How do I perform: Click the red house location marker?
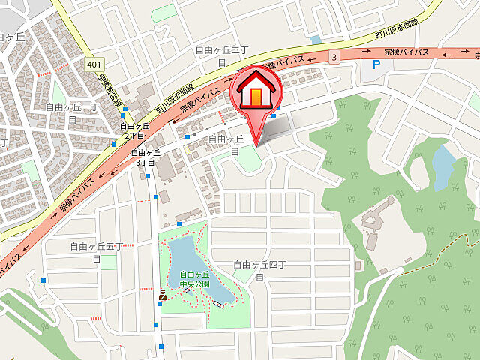256,93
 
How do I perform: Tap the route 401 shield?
94,64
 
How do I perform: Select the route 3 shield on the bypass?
334,56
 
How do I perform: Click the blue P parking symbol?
376,65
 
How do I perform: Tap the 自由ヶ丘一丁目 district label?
72,112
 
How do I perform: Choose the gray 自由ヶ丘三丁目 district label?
232,144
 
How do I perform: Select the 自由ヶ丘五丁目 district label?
96,251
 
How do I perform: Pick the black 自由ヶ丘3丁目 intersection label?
144,157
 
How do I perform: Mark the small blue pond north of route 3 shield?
316,40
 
